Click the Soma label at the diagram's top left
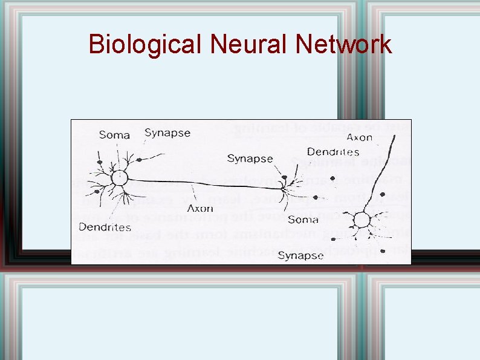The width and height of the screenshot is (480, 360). (x=114, y=134)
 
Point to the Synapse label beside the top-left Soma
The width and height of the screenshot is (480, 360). (x=167, y=133)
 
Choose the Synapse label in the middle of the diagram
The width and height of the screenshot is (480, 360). (x=250, y=159)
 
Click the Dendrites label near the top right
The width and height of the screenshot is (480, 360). (x=332, y=152)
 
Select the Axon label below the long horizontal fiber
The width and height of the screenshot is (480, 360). (x=200, y=208)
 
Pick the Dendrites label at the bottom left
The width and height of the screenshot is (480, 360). (x=105, y=227)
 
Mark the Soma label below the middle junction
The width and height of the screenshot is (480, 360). (x=303, y=219)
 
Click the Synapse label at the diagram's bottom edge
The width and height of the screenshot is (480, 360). (x=300, y=255)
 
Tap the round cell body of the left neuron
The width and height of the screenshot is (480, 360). (x=120, y=178)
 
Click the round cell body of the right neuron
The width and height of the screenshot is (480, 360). (x=363, y=219)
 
